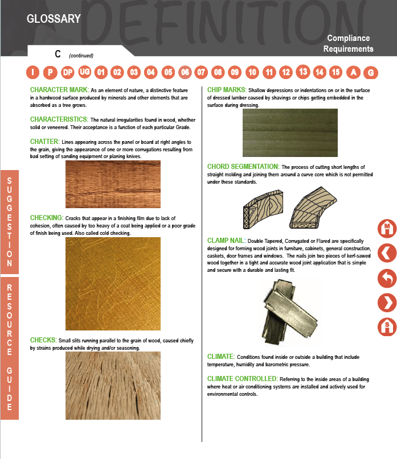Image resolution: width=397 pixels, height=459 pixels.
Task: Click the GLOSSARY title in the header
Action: click(54, 19)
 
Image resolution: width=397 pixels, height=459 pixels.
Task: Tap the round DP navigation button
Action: click(68, 72)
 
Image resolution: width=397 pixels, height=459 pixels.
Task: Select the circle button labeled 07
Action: click(201, 72)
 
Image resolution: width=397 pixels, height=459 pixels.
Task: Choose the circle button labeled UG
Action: click(84, 72)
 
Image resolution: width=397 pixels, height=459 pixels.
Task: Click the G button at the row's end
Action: click(371, 73)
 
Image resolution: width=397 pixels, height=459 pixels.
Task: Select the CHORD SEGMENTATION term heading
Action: click(243, 167)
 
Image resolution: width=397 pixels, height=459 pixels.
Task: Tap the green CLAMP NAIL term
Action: click(226, 241)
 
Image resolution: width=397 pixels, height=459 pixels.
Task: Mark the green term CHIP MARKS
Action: click(227, 90)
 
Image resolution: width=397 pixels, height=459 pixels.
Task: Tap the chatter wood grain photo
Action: click(113, 184)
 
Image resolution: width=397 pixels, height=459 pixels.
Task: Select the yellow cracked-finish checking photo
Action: click(113, 283)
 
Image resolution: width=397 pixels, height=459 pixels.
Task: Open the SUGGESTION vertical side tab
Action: click(10, 222)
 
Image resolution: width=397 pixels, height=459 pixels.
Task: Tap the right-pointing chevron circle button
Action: click(387, 303)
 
